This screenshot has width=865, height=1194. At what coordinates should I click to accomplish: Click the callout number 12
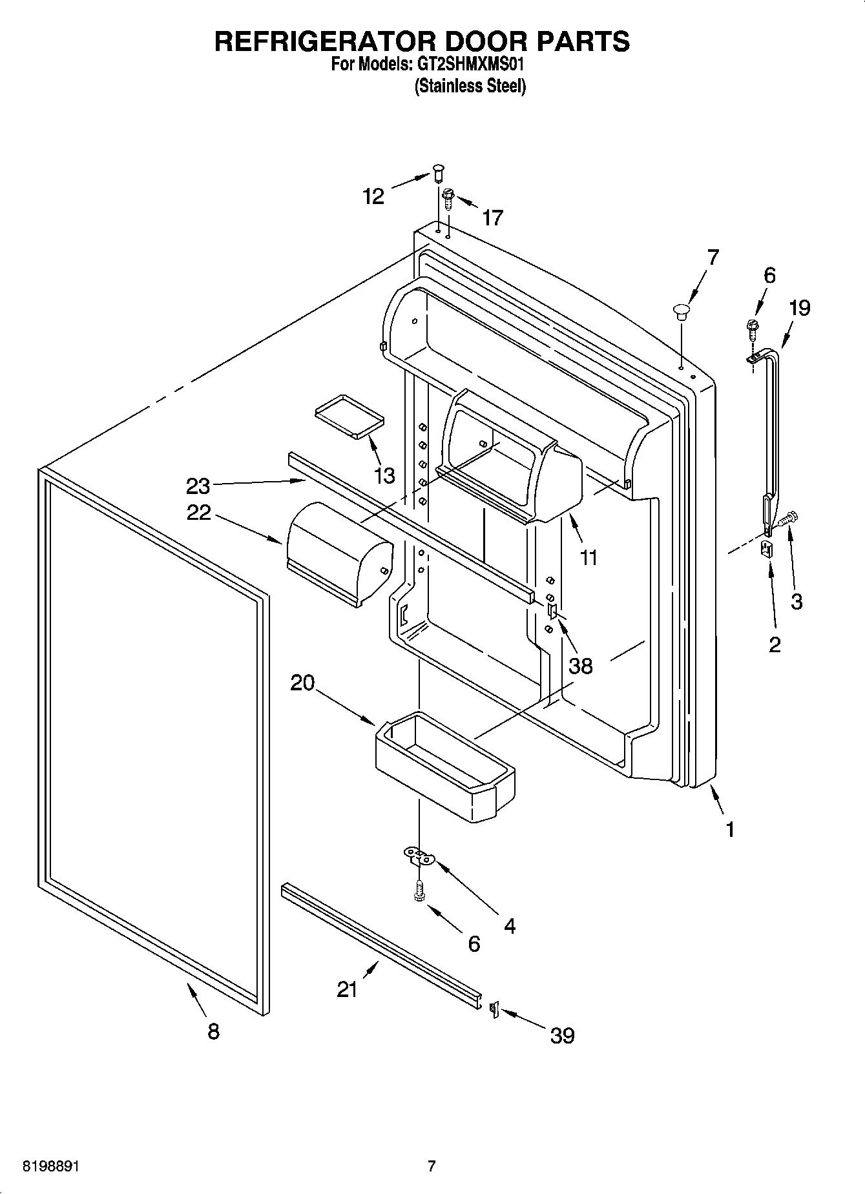(373, 196)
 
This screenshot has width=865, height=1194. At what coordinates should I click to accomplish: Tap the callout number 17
(492, 218)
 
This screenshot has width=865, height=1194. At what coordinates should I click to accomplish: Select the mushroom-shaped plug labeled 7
(680, 312)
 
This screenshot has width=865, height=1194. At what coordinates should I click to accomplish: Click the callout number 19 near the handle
(799, 308)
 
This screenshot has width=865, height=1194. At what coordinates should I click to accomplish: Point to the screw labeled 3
(789, 517)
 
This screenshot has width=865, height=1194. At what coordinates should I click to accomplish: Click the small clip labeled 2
(767, 549)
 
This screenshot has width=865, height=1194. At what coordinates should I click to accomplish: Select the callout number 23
(198, 484)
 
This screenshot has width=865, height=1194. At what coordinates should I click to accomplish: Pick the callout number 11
(589, 557)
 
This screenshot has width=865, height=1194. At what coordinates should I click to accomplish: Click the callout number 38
(580, 665)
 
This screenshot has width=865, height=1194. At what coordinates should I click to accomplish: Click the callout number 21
(347, 989)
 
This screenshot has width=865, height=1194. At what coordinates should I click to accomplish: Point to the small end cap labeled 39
(494, 1009)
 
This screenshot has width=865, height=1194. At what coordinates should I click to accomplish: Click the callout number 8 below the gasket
(213, 1031)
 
